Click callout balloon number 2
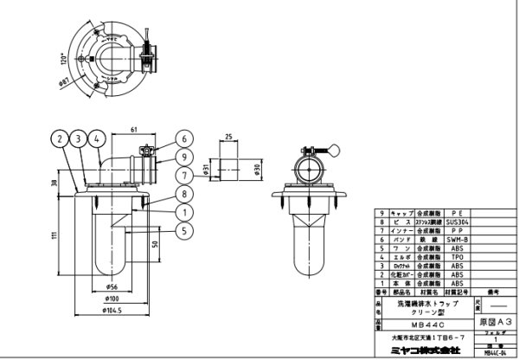(57, 138)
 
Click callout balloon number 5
(184, 230)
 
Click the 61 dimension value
(135, 129)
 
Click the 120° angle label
(62, 62)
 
